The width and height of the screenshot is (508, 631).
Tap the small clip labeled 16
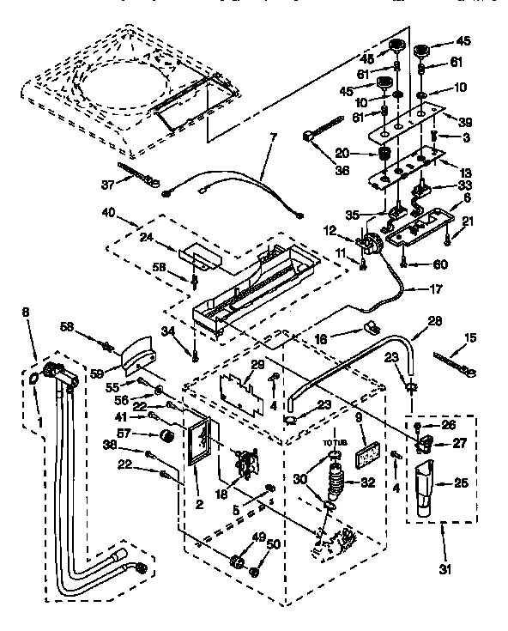(x=371, y=328)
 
